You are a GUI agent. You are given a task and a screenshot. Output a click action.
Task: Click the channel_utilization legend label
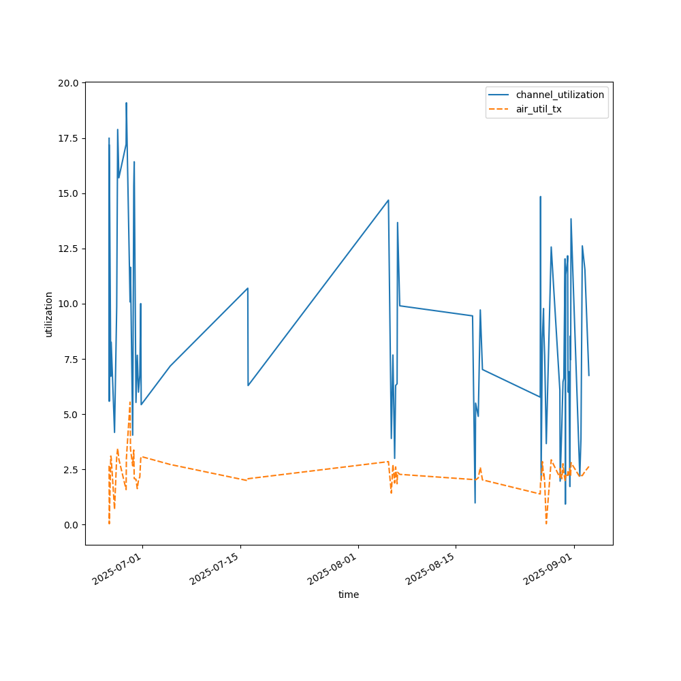point(560,95)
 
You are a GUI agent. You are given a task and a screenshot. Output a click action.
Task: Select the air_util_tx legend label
point(539,109)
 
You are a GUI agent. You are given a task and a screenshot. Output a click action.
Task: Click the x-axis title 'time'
point(349,595)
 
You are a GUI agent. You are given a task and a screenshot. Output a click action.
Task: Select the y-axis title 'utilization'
point(48,314)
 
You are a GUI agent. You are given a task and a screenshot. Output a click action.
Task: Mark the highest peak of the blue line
point(126,104)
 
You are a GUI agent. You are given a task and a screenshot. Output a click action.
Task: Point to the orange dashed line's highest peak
point(129,402)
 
